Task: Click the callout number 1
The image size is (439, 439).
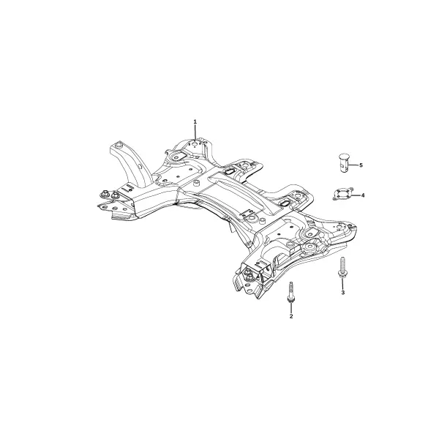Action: pos(195,121)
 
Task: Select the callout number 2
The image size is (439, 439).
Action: pos(291,316)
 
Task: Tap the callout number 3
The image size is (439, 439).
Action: pos(342,293)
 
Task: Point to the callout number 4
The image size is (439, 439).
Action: pos(363,195)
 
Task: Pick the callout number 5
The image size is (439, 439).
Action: pos(361,165)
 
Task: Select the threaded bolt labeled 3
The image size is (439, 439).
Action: pos(342,267)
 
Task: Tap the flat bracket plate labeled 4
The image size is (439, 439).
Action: pos(344,194)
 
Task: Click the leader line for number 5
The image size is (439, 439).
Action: pos(353,165)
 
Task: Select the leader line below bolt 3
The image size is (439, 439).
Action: pos(342,284)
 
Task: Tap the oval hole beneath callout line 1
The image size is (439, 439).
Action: pos(195,144)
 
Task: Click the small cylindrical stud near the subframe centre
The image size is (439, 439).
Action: pos(197,184)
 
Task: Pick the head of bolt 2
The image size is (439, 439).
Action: pos(291,300)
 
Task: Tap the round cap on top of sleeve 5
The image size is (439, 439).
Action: pos(344,156)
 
